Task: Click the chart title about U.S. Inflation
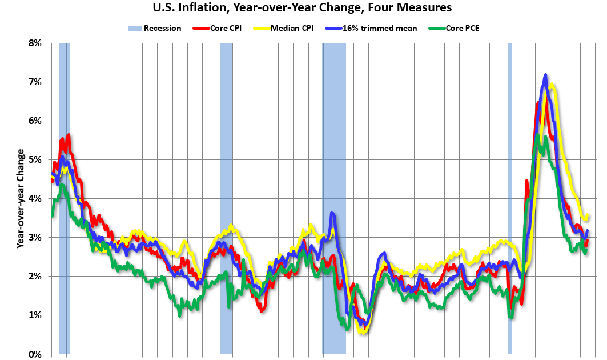click(302, 8)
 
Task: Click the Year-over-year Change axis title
click(21, 198)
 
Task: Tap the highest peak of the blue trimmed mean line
click(546, 75)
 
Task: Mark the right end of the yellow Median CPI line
click(588, 215)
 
